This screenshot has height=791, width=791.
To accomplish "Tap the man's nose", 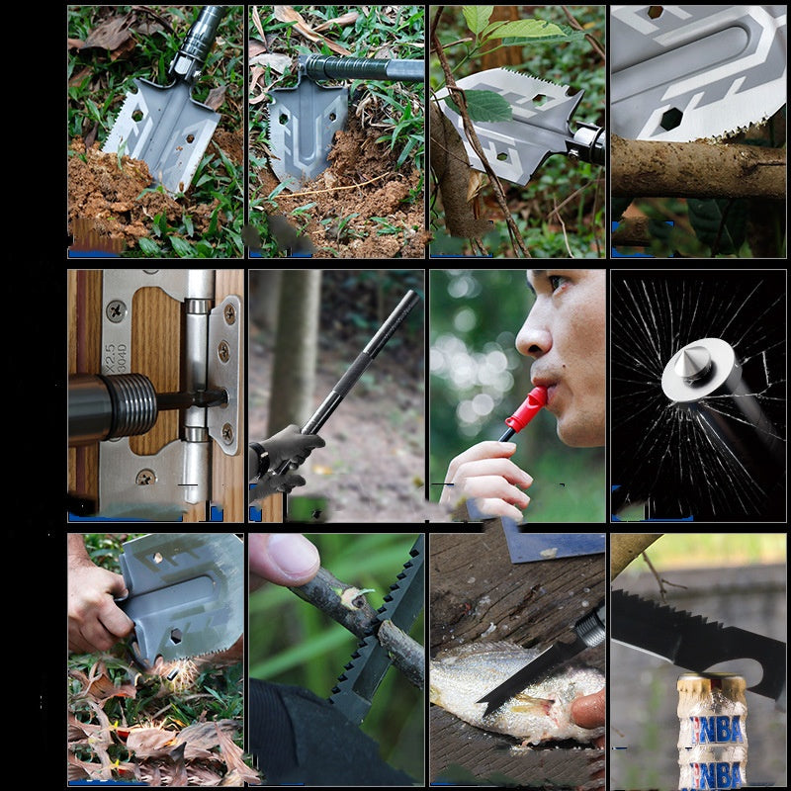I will (x=535, y=336).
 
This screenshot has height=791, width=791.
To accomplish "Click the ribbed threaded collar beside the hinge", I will (x=134, y=405).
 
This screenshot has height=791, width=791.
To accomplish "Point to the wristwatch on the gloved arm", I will (x=258, y=461).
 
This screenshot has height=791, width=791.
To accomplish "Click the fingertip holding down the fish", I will (x=589, y=708).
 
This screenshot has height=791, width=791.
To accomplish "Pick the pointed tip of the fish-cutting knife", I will (x=483, y=708).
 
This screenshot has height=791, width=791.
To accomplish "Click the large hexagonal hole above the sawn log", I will (x=670, y=120).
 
